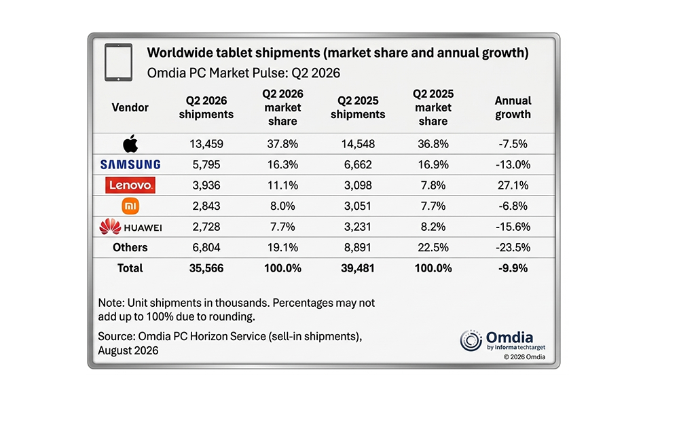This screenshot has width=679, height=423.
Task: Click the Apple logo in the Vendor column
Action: [x=130, y=143]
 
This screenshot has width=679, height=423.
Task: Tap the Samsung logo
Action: [x=130, y=164]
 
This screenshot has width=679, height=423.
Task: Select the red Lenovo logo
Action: [x=130, y=185]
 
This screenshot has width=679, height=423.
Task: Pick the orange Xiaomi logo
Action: [x=130, y=206]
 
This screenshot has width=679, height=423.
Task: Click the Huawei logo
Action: [x=130, y=227]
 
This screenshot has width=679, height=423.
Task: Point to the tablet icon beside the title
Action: [x=118, y=62]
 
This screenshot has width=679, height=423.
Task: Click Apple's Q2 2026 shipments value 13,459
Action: [x=206, y=144]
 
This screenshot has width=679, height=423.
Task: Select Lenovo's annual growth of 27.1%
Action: [x=513, y=185]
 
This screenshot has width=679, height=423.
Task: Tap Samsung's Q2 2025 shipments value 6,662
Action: [x=358, y=164]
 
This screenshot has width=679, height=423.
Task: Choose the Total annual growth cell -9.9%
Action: [x=513, y=268]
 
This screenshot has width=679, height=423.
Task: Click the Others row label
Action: [x=130, y=248]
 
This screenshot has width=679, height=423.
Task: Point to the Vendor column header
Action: [x=130, y=107]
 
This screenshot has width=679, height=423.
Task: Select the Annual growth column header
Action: [x=513, y=107]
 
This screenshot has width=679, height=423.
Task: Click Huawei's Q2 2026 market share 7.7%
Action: [x=282, y=227]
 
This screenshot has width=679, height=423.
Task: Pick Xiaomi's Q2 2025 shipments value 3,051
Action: [x=358, y=206]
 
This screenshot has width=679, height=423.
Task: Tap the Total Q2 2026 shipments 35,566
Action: [x=206, y=268]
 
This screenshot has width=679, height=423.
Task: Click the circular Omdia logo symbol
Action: [x=471, y=340]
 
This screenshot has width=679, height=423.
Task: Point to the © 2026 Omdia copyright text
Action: [x=524, y=357]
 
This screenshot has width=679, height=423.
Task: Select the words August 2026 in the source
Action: [x=128, y=350]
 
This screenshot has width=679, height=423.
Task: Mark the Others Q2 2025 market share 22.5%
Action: [x=433, y=248]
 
